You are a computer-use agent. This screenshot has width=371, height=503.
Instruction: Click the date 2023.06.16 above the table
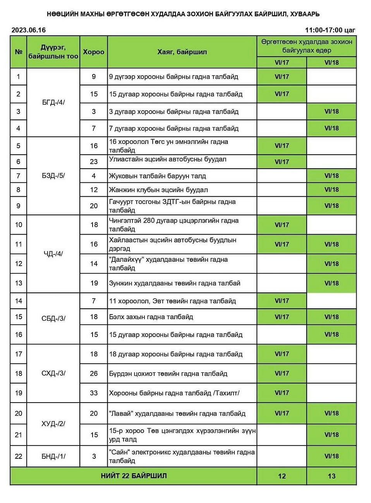pyautogui.click(x=28, y=30)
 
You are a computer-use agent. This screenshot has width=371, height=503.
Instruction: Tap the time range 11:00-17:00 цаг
pyautogui.click(x=330, y=30)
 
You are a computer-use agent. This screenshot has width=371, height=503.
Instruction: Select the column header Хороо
pyautogui.click(x=93, y=52)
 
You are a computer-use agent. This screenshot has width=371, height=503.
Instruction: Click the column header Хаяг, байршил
pyautogui.click(x=182, y=52)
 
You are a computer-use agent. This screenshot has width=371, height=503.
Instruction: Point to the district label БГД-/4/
pyautogui.click(x=53, y=103)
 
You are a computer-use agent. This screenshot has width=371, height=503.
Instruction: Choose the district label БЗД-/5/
pyautogui.click(x=53, y=175)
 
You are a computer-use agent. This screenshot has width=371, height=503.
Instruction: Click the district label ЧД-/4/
pyautogui.click(x=53, y=254)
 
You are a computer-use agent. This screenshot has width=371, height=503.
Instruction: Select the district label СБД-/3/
pyautogui.click(x=53, y=318)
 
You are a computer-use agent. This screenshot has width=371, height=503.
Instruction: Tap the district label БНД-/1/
pyautogui.click(x=53, y=456)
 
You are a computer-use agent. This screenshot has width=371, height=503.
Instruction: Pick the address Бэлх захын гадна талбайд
pyautogui.click(x=151, y=317)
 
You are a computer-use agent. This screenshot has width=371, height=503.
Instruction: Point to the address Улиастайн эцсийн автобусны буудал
pyautogui.click(x=168, y=159)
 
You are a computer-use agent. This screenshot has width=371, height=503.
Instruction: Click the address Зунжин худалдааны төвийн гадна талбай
pyautogui.click(x=175, y=283)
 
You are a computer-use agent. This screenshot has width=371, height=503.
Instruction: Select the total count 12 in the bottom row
pyautogui.click(x=282, y=476)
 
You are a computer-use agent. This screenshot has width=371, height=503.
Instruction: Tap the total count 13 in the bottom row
pyautogui.click(x=331, y=476)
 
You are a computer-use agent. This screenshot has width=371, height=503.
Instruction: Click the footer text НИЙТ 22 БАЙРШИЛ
pyautogui.click(x=134, y=475)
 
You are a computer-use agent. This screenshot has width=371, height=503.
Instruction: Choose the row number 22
pyautogui.click(x=19, y=456)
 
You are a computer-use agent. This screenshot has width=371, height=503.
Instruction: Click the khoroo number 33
pyautogui.click(x=94, y=393)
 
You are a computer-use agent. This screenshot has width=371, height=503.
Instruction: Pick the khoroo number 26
pyautogui.click(x=94, y=373)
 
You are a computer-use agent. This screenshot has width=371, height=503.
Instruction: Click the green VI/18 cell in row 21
pyautogui.click(x=331, y=435)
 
